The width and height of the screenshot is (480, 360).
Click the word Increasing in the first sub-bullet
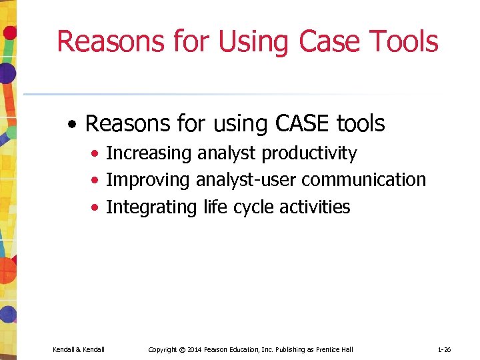pyautogui.click(x=149, y=153)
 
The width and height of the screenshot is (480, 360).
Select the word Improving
pyautogui.click(x=148, y=180)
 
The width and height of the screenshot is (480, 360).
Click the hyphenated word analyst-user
pyautogui.click(x=246, y=180)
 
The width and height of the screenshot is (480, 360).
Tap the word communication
pyautogui.click(x=364, y=180)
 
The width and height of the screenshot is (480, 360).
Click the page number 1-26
pyautogui.click(x=445, y=349)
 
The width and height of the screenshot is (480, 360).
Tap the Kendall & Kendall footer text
pyautogui.click(x=78, y=349)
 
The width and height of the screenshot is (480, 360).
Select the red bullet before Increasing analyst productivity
pyautogui.click(x=97, y=154)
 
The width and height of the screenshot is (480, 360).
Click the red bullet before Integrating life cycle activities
pyautogui.click(x=97, y=208)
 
